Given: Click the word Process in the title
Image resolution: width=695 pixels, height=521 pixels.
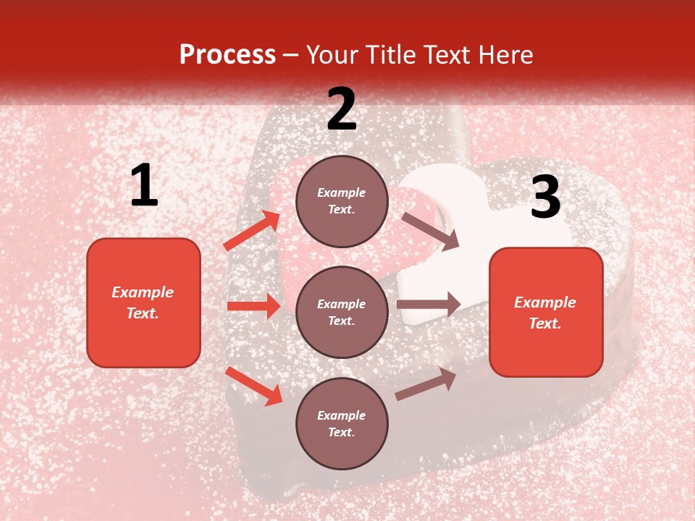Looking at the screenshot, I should click(227, 54).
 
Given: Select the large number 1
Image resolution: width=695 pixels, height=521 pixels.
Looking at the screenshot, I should click(144, 186).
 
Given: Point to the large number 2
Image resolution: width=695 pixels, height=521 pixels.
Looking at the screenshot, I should click(342, 109).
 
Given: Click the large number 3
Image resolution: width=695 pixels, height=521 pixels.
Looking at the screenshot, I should click(545, 198).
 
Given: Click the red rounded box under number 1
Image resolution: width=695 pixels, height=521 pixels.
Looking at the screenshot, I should click(143, 302).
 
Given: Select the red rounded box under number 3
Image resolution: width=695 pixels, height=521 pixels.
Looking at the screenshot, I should click(546, 312).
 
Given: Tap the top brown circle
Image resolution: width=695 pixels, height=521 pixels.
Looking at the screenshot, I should click(342, 201).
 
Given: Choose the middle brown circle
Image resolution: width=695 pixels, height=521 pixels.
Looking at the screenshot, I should click(342, 312).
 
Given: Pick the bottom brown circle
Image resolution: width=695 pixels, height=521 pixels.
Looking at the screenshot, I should click(342, 423).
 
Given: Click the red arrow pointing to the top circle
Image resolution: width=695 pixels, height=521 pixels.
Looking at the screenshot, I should click(252, 230).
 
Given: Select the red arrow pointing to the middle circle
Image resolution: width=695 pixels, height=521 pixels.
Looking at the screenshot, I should click(253, 306).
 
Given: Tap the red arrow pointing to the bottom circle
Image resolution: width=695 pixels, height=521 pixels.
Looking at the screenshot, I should click(254, 386).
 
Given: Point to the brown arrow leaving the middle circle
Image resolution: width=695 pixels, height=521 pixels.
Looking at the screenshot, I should click(429, 305).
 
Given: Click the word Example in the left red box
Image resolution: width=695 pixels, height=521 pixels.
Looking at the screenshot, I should click(143, 292).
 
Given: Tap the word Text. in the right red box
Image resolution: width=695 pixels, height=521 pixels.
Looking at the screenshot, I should click(545, 323).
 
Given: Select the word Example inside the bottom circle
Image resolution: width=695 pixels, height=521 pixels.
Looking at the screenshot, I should click(341, 415).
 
